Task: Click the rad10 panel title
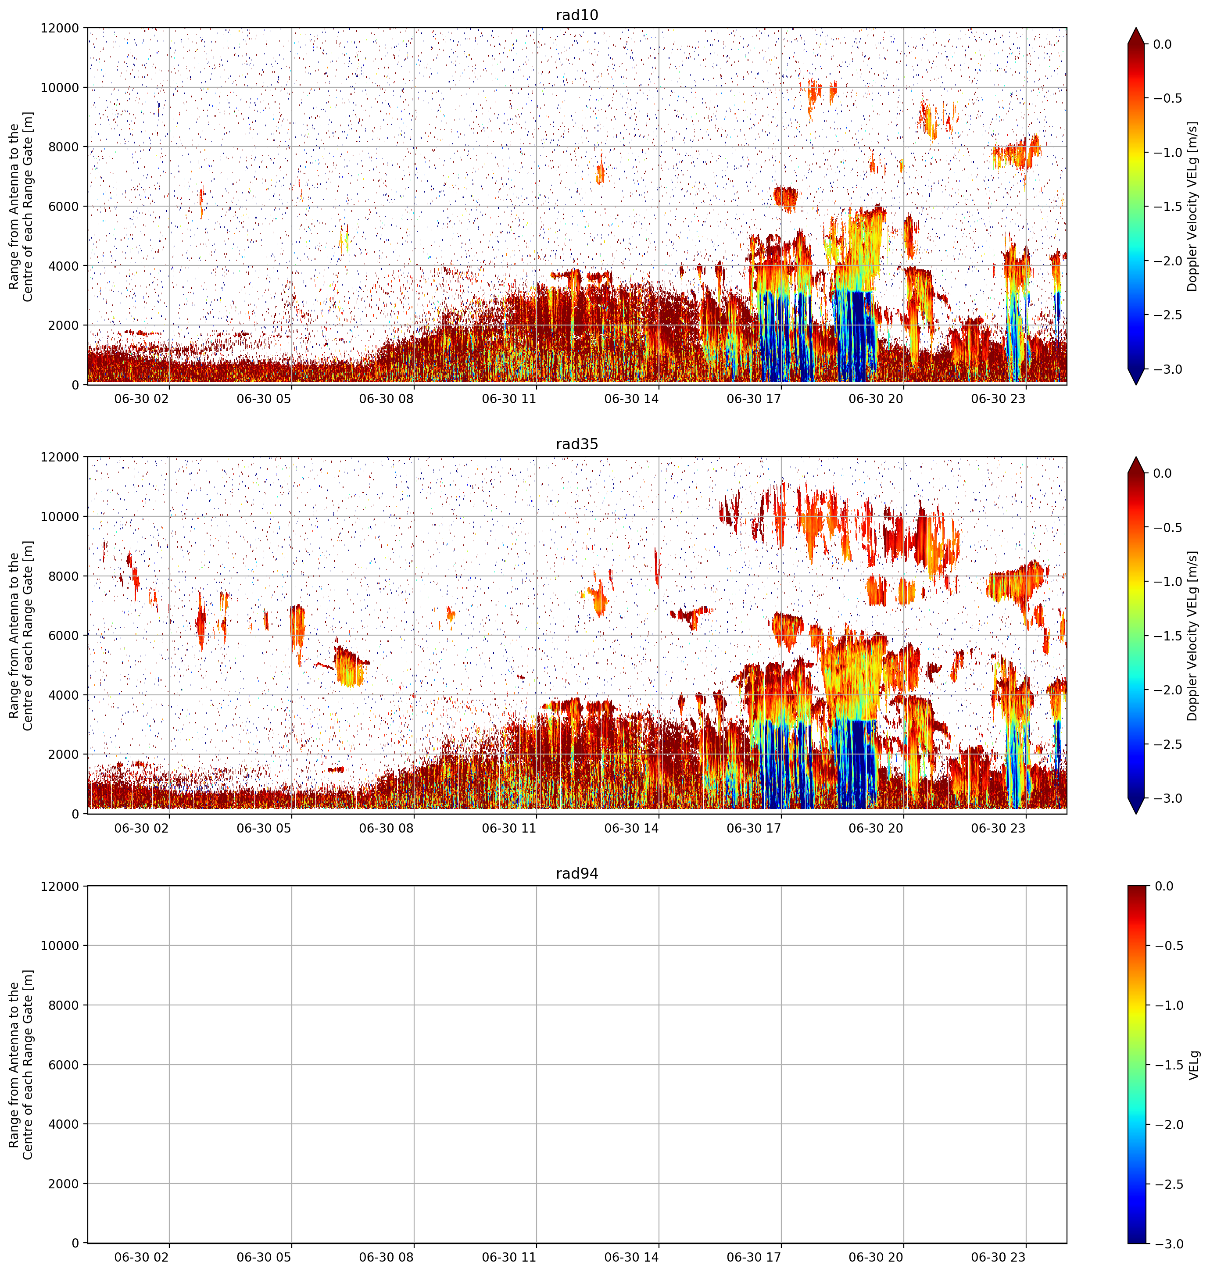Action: [x=576, y=15]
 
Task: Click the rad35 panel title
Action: [x=576, y=443]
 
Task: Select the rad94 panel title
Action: [x=576, y=873]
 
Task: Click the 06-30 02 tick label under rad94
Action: [x=141, y=1257]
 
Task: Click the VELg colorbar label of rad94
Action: [x=1194, y=1065]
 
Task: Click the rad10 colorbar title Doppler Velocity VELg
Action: [x=1192, y=206]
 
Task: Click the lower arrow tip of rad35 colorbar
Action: [x=1136, y=813]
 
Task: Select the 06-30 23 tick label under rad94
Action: [x=998, y=1257]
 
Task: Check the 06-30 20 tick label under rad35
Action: [x=875, y=827]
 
